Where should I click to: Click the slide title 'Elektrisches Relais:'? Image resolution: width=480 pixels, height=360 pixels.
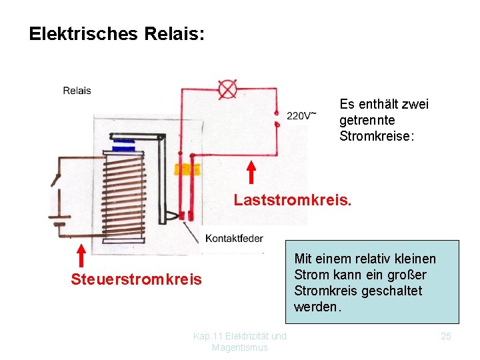tap(117, 34)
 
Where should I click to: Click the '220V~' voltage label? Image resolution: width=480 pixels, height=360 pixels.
tap(301, 115)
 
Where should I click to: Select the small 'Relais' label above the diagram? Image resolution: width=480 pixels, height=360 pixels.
tap(77, 91)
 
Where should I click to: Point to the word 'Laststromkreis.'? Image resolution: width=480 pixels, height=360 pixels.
tap(292, 199)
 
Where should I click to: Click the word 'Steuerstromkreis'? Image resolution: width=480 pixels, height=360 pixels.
tap(136, 279)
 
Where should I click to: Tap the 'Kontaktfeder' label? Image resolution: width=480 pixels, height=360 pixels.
tap(234, 238)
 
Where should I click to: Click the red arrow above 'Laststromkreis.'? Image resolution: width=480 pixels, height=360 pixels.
tap(251, 172)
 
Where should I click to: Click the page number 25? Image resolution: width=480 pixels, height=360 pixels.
tap(446, 336)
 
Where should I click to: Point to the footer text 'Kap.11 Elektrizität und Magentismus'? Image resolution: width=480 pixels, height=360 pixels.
tap(240, 341)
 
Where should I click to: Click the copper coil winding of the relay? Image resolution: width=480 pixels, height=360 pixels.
tap(127, 193)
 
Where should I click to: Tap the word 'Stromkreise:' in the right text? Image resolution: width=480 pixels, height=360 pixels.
tap(377, 136)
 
